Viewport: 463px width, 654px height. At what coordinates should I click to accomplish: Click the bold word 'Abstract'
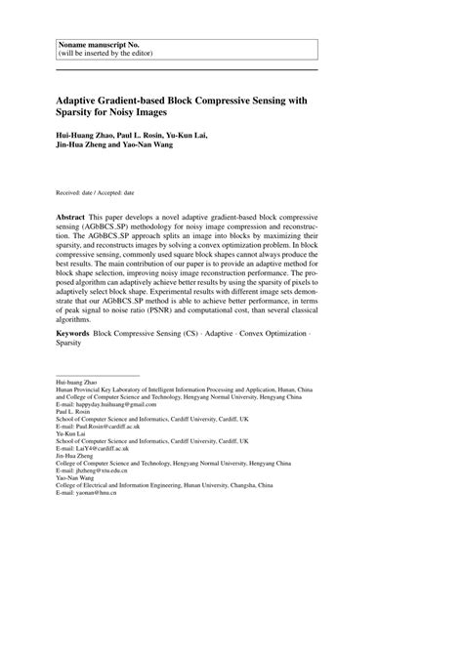coord(70,213)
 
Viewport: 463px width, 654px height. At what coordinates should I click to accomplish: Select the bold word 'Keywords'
coord(72,334)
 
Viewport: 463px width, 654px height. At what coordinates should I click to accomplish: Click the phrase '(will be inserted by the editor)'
coord(105,56)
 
